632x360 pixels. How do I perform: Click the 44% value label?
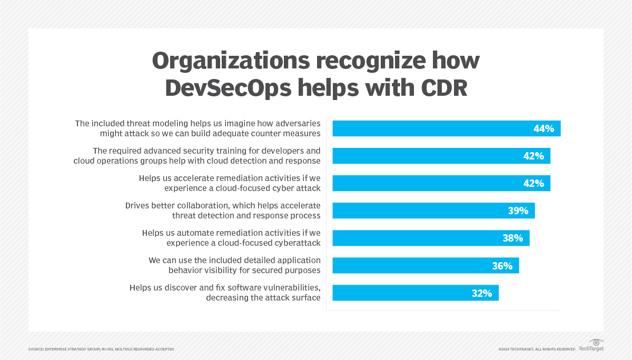[544, 128]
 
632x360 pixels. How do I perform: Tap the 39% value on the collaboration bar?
[518, 211]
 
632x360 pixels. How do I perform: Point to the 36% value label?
[502, 265]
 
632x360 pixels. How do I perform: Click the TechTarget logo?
[591, 346]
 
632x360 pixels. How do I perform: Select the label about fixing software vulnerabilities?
[225, 293]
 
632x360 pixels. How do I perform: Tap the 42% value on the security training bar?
[534, 156]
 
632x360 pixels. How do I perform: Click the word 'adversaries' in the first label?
[297, 124]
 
